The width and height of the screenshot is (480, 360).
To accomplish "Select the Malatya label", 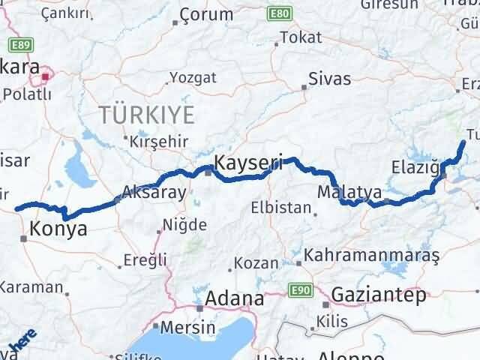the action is [x=349, y=192].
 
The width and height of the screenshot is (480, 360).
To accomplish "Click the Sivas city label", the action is [x=330, y=76].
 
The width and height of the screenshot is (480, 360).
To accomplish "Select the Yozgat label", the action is [x=193, y=77].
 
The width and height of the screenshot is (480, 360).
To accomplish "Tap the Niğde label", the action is [x=185, y=224].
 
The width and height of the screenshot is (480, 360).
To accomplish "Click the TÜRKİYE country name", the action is [x=146, y=115].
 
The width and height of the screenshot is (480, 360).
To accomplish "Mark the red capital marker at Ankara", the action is [x=46, y=75].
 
